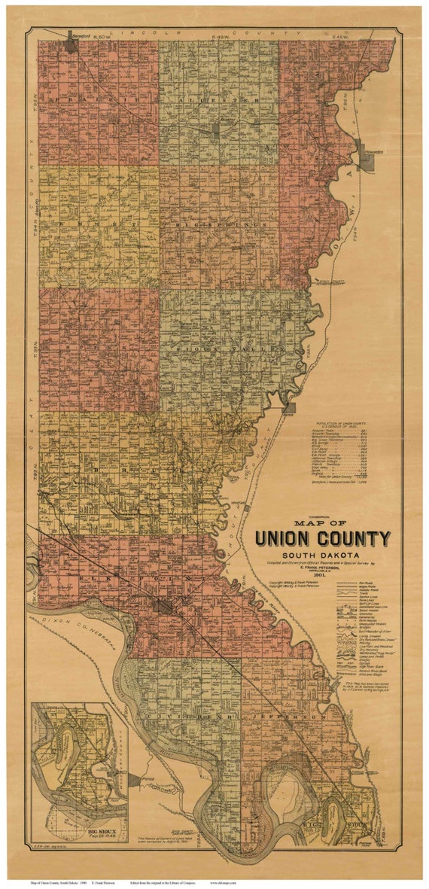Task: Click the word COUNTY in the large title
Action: tap(356, 539)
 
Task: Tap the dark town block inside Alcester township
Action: tap(216, 129)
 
